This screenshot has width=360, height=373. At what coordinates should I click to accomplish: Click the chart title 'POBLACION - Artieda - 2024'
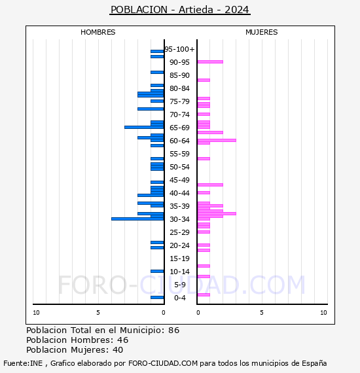click(180, 10)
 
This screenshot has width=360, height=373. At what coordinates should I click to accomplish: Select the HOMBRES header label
click(98, 32)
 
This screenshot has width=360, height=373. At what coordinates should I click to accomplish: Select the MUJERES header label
click(261, 32)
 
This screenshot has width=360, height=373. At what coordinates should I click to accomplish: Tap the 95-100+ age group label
click(180, 49)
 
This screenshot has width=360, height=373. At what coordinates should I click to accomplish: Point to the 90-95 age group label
click(179, 62)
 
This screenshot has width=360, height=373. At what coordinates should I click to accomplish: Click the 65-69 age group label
click(179, 128)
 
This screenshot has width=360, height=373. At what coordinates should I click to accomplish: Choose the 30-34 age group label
click(179, 219)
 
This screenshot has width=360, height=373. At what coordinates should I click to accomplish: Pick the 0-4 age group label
click(180, 298)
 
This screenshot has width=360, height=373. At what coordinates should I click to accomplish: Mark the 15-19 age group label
click(179, 258)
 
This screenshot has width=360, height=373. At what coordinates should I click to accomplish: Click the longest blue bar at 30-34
click(137, 219)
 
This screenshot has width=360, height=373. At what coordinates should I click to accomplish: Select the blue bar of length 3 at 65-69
click(144, 127)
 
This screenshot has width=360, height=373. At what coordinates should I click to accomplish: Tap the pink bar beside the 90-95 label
click(210, 62)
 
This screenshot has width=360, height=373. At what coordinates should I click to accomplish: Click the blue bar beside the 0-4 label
click(157, 297)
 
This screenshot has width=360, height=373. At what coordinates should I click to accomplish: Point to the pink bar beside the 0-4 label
click(204, 294)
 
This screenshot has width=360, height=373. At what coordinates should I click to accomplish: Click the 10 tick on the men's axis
click(36, 313)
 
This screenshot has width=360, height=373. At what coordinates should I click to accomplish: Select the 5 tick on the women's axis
click(261, 313)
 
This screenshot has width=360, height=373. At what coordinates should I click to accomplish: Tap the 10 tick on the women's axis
click(323, 313)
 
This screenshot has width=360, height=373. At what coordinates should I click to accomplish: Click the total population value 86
click(173, 330)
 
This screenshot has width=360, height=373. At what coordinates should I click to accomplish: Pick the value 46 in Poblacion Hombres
click(122, 340)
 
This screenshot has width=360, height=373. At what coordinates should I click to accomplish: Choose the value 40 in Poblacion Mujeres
click(118, 351)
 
